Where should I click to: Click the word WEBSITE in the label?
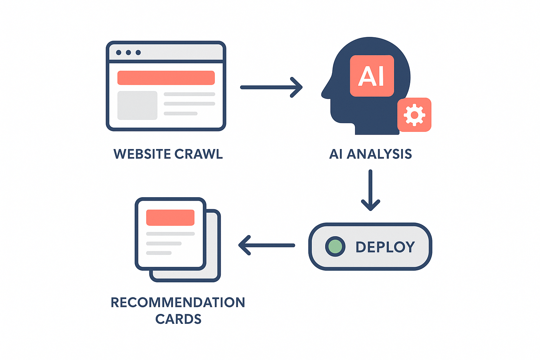coord(142,154)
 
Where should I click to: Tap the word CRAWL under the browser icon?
coord(199,154)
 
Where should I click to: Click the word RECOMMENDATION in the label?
coord(178,302)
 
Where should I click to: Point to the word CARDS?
coord(178,319)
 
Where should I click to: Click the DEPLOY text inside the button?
coord(385,247)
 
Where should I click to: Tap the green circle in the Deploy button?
coord(335,246)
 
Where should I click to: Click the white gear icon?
coord(414,115)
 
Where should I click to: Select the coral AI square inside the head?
coord(372,76)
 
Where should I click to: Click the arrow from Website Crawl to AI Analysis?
coord(271,87)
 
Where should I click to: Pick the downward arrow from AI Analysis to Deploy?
coord(370,190)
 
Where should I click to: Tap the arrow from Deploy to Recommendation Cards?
coord(266,245)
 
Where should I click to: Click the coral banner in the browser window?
coord(166,78)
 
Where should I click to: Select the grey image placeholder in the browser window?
coord(137,105)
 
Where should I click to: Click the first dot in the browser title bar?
coord(118,52)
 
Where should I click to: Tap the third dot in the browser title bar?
coord(138,52)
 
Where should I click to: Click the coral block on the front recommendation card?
coord(170,217)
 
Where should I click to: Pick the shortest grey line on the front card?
coord(159,253)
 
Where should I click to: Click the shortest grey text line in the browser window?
coord(180,114)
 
